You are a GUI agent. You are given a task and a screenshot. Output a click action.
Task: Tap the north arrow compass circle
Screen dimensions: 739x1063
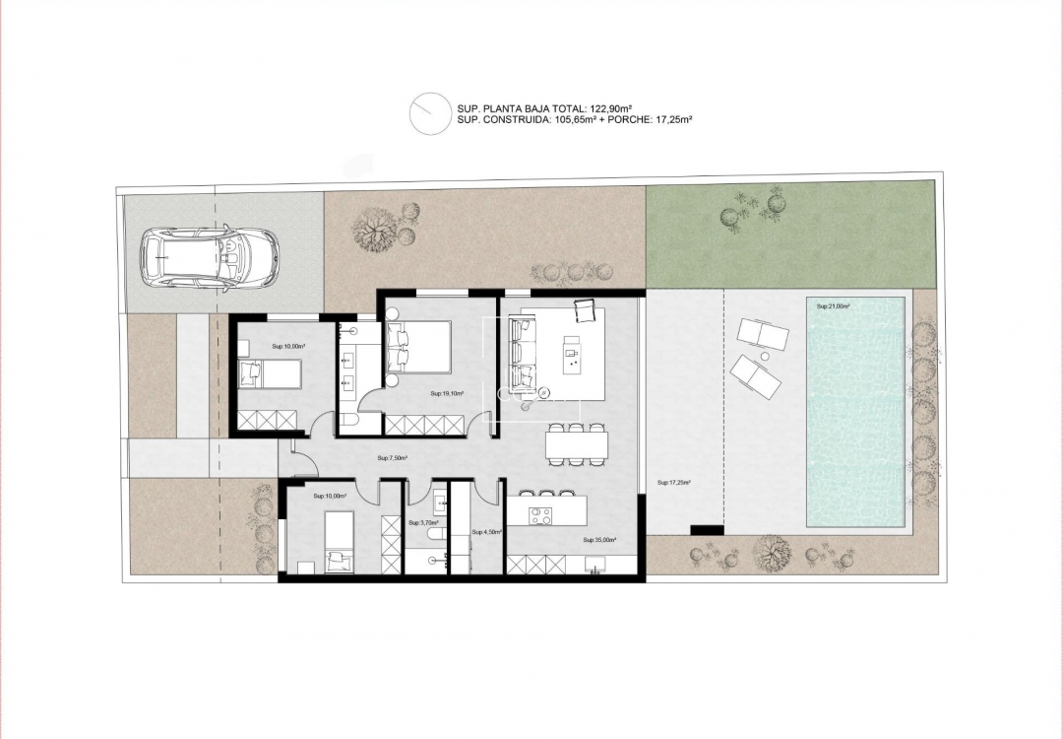430,112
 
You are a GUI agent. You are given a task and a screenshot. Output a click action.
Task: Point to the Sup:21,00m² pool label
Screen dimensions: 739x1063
833,306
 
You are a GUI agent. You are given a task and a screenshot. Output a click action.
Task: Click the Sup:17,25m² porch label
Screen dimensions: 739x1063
673,483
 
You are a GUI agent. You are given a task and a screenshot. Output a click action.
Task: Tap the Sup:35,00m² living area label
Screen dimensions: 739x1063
598,540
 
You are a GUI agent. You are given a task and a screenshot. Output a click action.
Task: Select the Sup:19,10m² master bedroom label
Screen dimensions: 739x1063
447,393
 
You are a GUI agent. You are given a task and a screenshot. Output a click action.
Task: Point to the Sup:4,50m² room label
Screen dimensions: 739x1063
487,532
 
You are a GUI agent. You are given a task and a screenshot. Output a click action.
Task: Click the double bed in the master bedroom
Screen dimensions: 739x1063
419,346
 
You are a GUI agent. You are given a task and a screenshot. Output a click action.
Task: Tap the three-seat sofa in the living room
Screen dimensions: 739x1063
522,352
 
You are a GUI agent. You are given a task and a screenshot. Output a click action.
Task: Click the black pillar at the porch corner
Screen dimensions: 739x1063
707,530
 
